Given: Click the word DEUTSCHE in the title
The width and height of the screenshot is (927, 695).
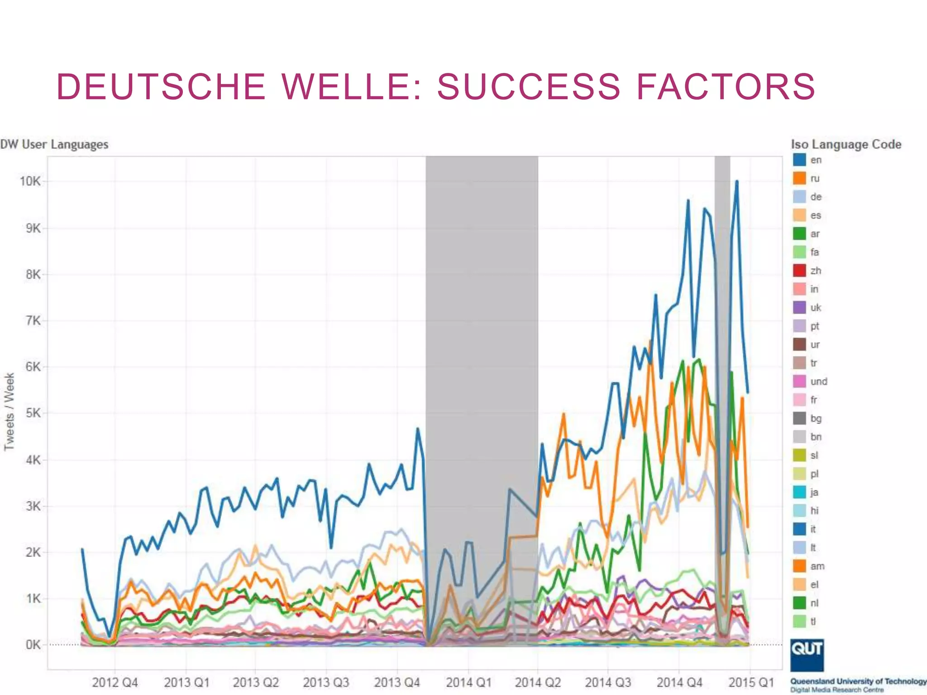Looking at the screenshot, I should [161, 86].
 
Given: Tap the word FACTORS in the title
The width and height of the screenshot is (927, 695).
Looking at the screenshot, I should [726, 86].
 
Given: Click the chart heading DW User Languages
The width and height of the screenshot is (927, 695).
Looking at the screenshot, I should [54, 144].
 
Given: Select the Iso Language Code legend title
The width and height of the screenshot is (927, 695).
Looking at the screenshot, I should [846, 144].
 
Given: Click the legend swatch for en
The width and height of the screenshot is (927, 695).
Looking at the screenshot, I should [799, 160].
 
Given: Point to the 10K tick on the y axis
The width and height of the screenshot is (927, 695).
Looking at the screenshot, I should [30, 181].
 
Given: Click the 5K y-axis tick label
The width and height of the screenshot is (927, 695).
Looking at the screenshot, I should [33, 413].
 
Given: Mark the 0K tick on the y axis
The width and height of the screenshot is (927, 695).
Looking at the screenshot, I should [33, 644].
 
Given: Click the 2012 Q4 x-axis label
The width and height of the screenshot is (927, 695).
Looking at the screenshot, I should [115, 682].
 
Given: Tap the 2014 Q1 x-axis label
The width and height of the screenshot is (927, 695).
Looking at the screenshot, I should [468, 682].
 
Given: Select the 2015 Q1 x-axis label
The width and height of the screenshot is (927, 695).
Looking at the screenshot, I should [751, 682].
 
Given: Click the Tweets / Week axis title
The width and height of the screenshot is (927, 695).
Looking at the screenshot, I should [10, 411].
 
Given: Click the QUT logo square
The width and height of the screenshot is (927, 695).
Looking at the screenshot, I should [807, 655].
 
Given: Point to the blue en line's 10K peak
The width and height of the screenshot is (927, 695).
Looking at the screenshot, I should [737, 182].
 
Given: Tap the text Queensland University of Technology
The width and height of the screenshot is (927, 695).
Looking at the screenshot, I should [858, 681].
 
